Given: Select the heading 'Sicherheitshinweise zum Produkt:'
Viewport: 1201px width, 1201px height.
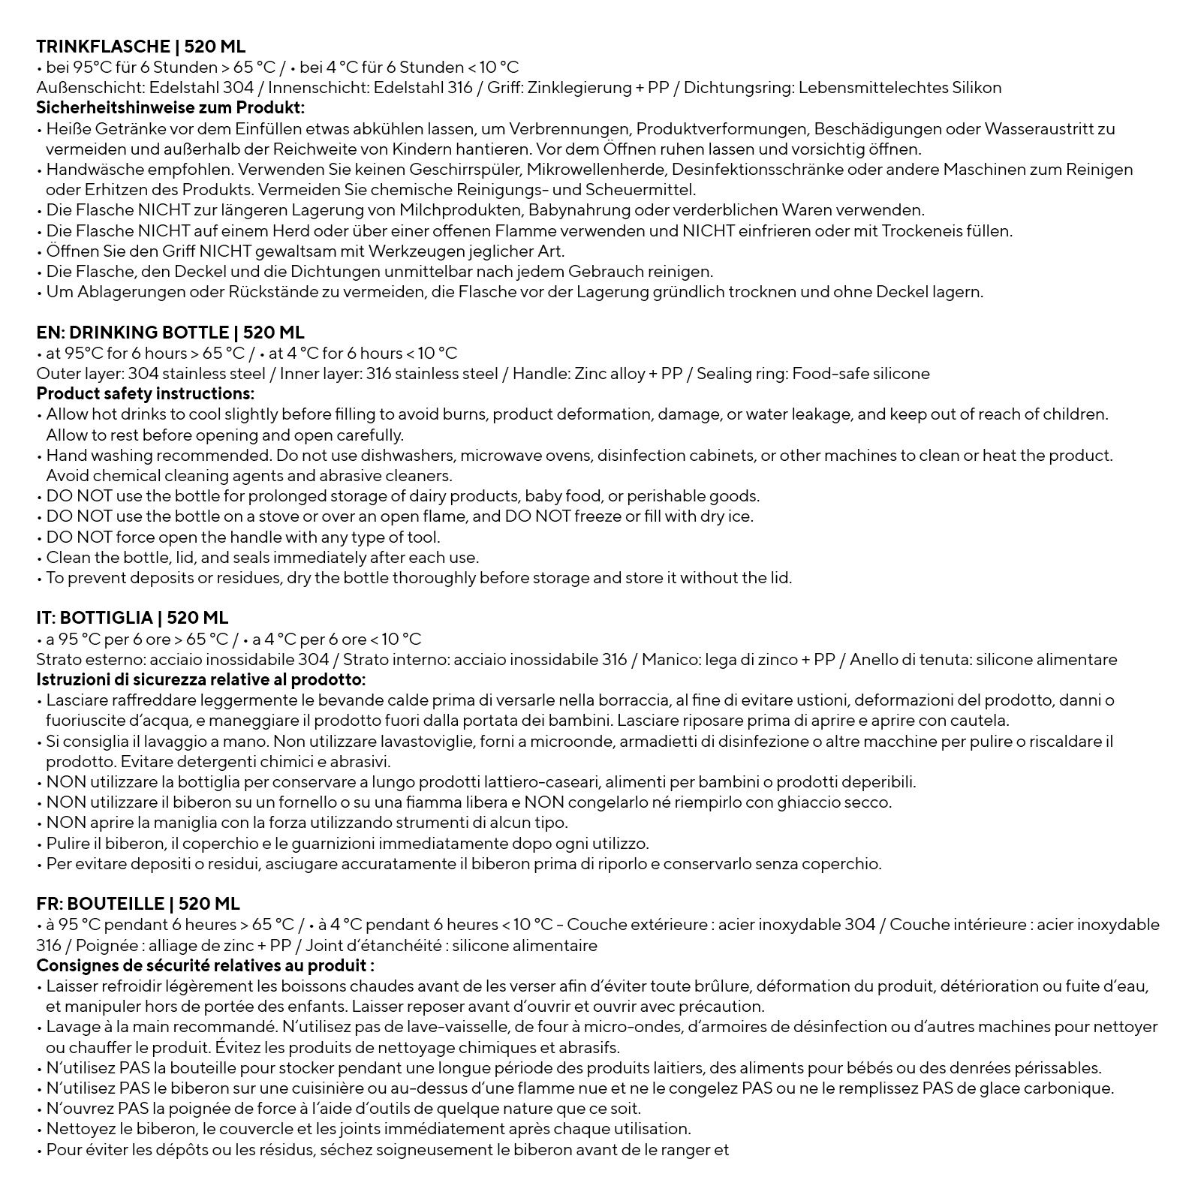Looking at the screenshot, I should click(x=170, y=107).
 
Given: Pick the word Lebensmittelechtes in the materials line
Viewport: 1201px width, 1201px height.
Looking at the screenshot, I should click(x=865, y=88).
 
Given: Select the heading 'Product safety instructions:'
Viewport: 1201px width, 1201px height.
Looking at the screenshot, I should click(x=145, y=393).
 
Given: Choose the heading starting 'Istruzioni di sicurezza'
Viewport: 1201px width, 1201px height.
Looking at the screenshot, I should click(x=200, y=680).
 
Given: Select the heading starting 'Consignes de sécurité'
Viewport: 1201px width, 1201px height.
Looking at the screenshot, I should click(x=205, y=965).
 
